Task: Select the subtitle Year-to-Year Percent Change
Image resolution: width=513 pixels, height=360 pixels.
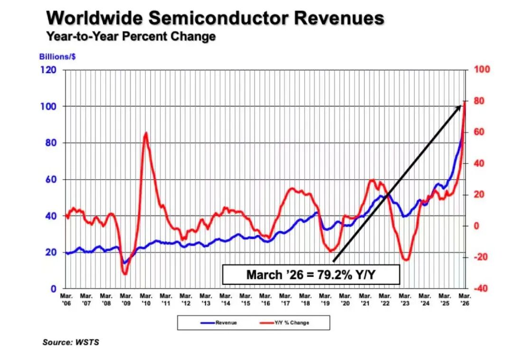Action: pyautogui.click(x=131, y=36)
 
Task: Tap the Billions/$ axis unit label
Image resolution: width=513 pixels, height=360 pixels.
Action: pyautogui.click(x=57, y=57)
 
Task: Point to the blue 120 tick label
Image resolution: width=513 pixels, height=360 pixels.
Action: pyautogui.click(x=48, y=70)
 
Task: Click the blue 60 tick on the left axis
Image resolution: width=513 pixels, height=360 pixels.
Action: pyautogui.click(x=51, y=180)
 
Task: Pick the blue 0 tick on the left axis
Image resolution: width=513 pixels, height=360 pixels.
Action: pyautogui.click(x=53, y=289)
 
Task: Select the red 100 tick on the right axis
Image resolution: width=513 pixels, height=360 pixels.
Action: pyautogui.click(x=482, y=69)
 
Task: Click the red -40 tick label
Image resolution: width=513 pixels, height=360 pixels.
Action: pyautogui.click(x=480, y=288)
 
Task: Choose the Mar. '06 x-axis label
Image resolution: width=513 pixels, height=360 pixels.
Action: pyautogui.click(x=66, y=300)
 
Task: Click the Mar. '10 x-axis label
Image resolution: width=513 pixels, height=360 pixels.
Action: pyautogui.click(x=146, y=300)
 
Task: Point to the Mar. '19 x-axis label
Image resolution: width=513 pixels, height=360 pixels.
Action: pyautogui.click(x=325, y=300)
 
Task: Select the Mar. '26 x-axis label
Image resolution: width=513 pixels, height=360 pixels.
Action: pyautogui.click(x=465, y=300)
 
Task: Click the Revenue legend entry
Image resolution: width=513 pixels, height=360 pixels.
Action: pyautogui.click(x=218, y=323)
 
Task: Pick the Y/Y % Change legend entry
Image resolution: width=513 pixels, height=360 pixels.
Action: pyautogui.click(x=285, y=323)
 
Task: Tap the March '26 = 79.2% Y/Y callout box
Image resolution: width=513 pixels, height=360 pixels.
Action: pyautogui.click(x=311, y=275)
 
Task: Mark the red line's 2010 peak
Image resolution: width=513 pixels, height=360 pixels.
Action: pyautogui.click(x=146, y=133)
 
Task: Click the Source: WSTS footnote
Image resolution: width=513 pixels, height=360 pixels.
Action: pyautogui.click(x=71, y=342)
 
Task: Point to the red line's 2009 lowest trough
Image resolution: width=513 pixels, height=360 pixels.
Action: pyautogui.click(x=124, y=274)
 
